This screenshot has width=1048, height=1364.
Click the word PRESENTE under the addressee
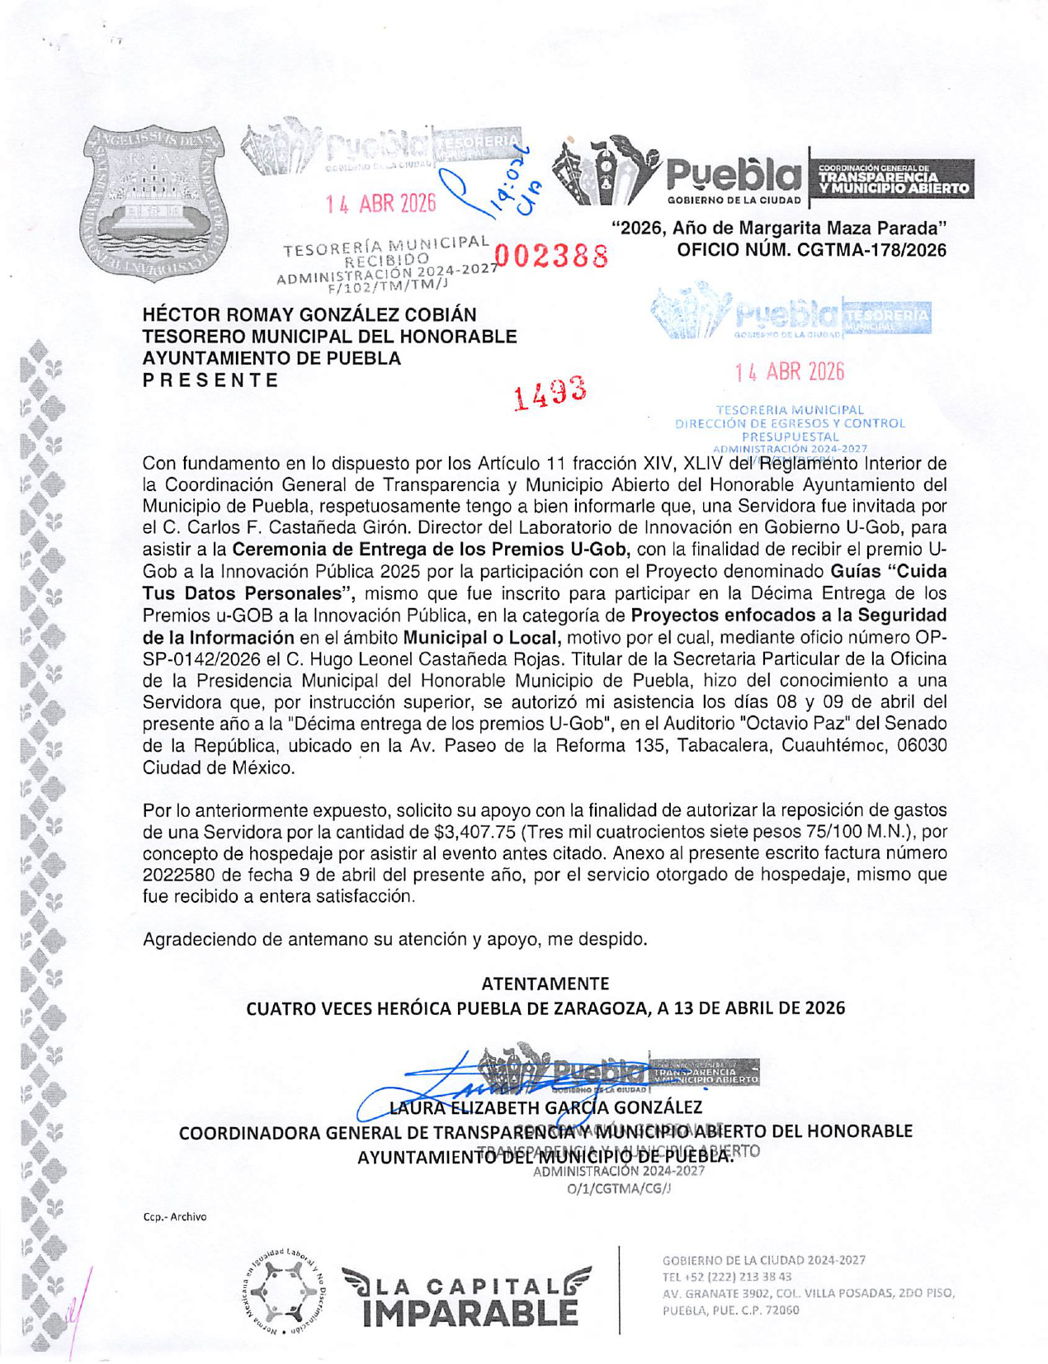pyautogui.click(x=210, y=380)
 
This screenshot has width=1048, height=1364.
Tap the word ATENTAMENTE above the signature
pyautogui.click(x=545, y=984)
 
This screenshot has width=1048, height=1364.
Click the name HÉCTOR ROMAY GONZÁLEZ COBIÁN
pyautogui.click(x=309, y=315)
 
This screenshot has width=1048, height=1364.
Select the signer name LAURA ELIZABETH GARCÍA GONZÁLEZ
pyautogui.click(x=545, y=1107)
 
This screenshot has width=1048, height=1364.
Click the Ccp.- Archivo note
pyautogui.click(x=175, y=1216)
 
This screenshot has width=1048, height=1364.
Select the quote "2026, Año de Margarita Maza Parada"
pyautogui.click(x=779, y=228)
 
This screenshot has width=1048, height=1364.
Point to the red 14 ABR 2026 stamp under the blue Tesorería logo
pyautogui.click(x=790, y=373)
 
